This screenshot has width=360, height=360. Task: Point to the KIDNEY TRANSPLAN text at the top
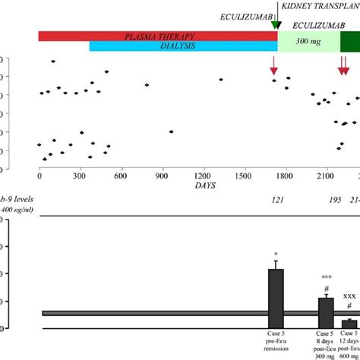point(320,5)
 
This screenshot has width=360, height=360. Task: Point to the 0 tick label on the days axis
point(39,176)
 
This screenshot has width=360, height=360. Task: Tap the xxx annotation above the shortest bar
point(349,296)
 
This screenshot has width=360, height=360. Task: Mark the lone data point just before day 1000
point(171,132)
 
